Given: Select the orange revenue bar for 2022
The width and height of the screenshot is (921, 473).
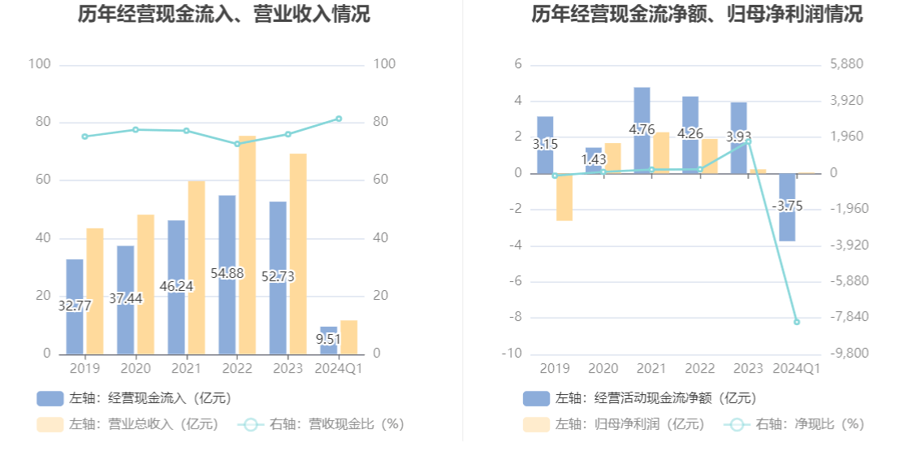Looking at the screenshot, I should [247, 244].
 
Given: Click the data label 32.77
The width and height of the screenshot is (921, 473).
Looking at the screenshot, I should [75, 306].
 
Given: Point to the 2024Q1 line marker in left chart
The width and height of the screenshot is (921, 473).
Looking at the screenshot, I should [339, 119].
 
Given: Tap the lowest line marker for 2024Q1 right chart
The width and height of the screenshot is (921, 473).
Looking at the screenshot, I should [797, 322].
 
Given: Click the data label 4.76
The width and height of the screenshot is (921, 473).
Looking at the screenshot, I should [642, 129].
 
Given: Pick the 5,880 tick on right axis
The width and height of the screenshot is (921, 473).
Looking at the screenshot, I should [846, 64].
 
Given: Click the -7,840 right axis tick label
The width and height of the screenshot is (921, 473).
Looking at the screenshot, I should [846, 317].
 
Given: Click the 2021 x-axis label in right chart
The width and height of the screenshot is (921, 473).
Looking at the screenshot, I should [651, 369].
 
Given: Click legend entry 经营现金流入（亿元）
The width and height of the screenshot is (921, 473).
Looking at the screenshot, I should [134, 398].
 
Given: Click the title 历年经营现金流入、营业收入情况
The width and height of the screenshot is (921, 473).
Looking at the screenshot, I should [224, 15].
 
